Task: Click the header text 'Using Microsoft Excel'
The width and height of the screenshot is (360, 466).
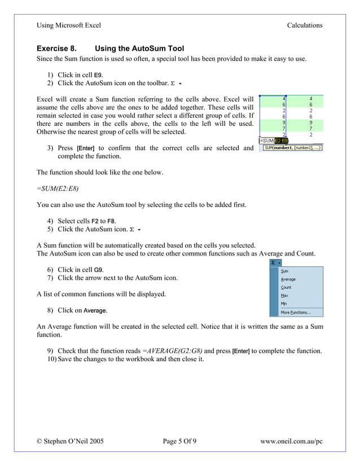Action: click(69, 25)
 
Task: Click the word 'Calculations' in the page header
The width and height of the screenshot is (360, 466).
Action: click(304, 25)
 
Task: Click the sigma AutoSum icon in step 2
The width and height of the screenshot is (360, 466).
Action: click(173, 84)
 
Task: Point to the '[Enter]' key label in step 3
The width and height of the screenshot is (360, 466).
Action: click(86, 148)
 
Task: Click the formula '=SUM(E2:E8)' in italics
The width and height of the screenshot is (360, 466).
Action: click(58, 188)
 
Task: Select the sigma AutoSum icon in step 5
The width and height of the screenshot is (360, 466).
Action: click(132, 230)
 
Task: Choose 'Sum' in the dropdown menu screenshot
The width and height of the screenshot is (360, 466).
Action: click(285, 271)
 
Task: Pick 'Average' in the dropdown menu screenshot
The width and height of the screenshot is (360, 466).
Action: click(288, 279)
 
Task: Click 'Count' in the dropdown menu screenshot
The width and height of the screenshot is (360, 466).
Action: click(287, 288)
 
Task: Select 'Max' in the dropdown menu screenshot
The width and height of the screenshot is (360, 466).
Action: click(284, 296)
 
